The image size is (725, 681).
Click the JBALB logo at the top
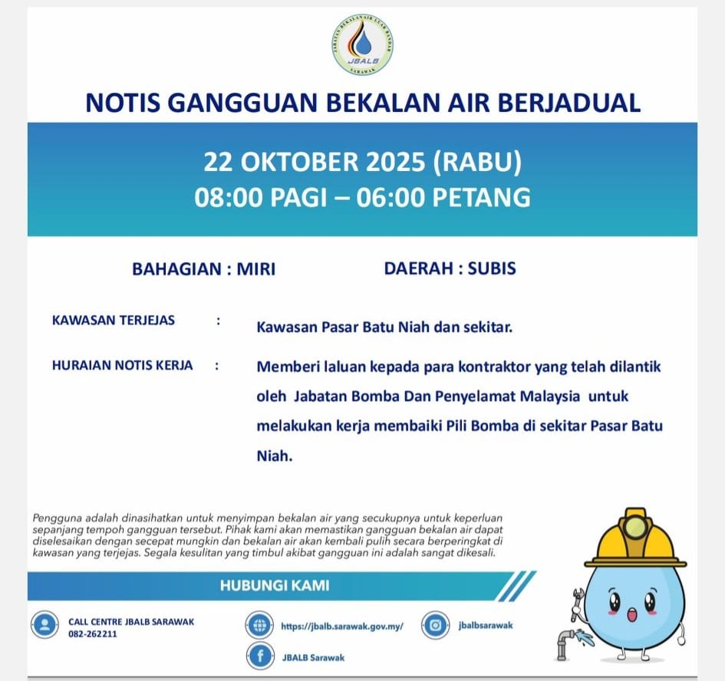[x=363, y=44]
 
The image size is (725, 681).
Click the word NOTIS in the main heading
[x=123, y=103]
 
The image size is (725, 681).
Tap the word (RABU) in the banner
[x=476, y=162]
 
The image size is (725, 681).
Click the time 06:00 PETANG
[x=453, y=197]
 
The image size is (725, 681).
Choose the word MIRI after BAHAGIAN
[x=255, y=269]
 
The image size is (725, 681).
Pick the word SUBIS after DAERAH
[x=491, y=268]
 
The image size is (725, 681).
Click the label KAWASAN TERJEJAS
[x=113, y=321]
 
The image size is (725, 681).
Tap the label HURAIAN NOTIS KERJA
[x=122, y=366]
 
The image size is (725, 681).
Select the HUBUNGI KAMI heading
[x=274, y=586]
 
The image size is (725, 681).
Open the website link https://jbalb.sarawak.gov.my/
[x=342, y=626]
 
